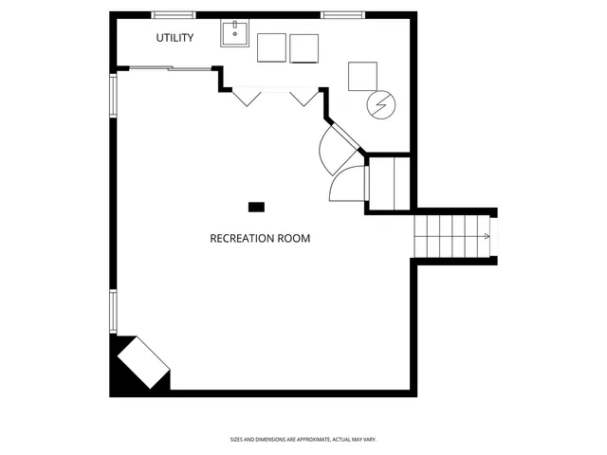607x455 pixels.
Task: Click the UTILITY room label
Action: click(175, 38)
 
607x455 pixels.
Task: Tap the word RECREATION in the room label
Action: click(241, 238)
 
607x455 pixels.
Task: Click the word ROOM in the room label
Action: click(294, 238)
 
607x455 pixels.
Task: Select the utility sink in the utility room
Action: click(234, 35)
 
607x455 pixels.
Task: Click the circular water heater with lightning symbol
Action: click(381, 104)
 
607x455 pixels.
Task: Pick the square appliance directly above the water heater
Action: click(362, 77)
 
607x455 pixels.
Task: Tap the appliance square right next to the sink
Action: click(271, 48)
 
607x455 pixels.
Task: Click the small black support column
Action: click(256, 207)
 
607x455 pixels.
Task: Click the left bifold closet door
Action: click(248, 97)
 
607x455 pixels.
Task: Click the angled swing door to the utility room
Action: click(337, 147)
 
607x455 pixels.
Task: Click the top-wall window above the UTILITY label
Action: click(175, 14)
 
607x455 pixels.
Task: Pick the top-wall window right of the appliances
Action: click(343, 14)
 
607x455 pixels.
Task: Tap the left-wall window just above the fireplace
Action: click(113, 311)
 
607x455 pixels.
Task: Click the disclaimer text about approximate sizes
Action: click(303, 439)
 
